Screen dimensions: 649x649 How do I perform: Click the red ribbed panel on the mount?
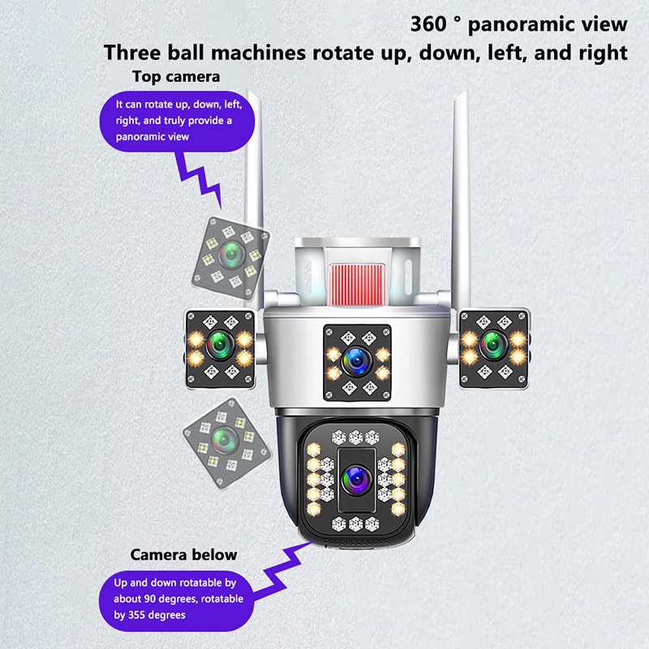click(x=357, y=285)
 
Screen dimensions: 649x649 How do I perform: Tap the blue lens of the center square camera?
click(x=357, y=361)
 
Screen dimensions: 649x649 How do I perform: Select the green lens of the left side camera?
click(x=220, y=344)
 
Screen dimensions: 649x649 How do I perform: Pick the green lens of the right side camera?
click(x=493, y=343)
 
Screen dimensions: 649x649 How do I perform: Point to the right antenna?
click(x=461, y=195)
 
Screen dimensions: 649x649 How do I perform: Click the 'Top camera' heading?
click(x=176, y=77)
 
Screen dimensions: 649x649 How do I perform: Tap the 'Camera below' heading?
click(x=184, y=555)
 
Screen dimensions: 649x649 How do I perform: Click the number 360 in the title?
click(x=428, y=24)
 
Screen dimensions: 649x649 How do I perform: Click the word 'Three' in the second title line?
click(x=132, y=53)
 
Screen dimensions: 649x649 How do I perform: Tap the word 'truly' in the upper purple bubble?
click(x=174, y=121)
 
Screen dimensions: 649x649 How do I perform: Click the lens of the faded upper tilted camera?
click(x=231, y=255)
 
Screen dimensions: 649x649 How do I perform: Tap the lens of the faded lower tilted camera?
click(x=225, y=441)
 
